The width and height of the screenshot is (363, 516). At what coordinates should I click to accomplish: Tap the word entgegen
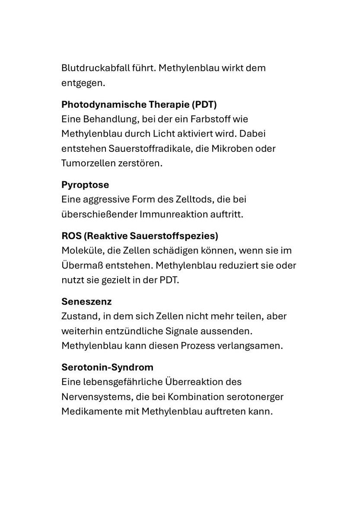(x=83, y=83)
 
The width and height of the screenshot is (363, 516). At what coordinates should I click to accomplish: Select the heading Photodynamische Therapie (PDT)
(x=139, y=104)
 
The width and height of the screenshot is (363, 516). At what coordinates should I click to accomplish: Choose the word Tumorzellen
(x=88, y=163)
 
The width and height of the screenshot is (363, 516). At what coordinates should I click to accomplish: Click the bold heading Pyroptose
(x=85, y=185)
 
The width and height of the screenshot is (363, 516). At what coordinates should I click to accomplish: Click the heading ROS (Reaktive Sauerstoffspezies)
(x=140, y=236)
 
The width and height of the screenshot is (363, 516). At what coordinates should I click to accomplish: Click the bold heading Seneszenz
(x=86, y=301)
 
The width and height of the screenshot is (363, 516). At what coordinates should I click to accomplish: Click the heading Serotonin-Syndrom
(x=107, y=367)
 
